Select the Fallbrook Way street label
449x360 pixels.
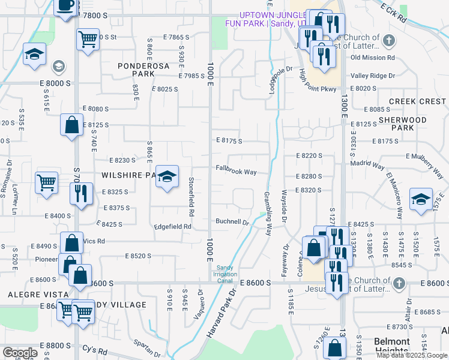[237, 172]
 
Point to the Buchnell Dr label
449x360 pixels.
[232, 222]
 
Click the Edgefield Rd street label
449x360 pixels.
[172, 227]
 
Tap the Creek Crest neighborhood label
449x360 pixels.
[418, 101]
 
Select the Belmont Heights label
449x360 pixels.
[392, 346]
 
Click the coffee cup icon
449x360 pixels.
[65, 6]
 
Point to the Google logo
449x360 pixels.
[20, 353]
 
